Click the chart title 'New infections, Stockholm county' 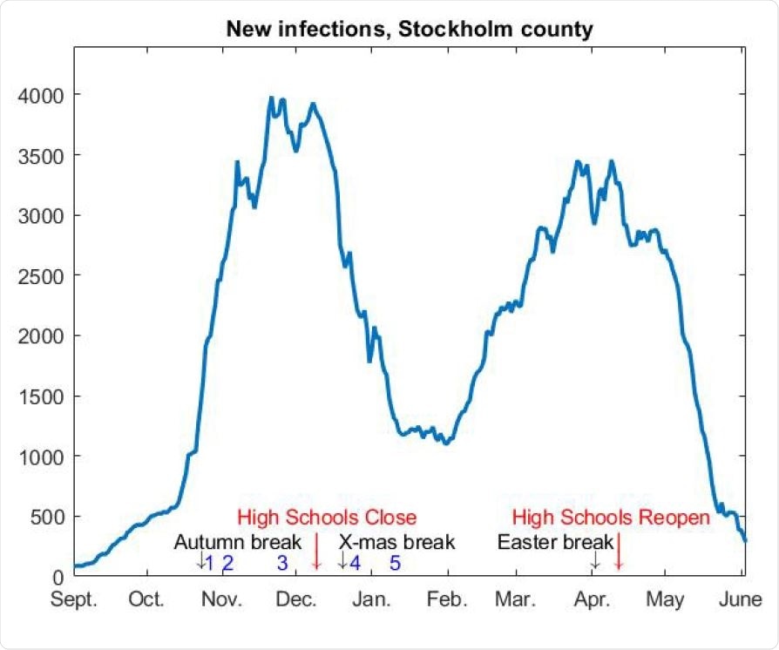(x=410, y=29)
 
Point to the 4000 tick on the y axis (x=42, y=94)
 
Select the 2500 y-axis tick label (x=42, y=275)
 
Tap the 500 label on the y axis (x=47, y=518)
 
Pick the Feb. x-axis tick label (x=447, y=600)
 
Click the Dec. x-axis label (x=296, y=600)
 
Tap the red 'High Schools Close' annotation (x=327, y=518)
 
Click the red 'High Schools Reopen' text (x=611, y=518)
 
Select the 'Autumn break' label (x=237, y=542)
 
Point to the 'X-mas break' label (x=396, y=542)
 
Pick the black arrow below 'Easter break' (x=594, y=559)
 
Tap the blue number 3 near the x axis (x=282, y=564)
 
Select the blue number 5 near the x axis (x=395, y=564)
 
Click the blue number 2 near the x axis (x=227, y=564)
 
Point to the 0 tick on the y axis (x=58, y=577)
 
